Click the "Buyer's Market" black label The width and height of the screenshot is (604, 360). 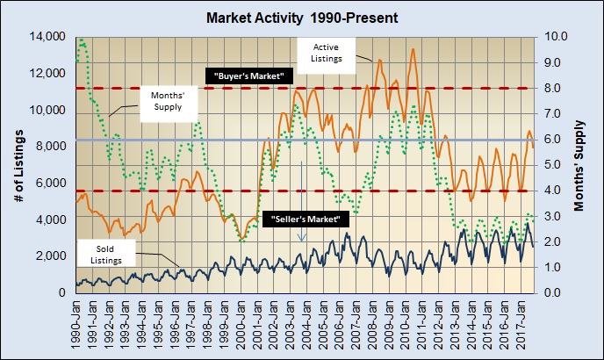pos(250,77)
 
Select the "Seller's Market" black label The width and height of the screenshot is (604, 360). pos(311,218)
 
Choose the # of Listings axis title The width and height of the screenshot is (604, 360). pos(19,164)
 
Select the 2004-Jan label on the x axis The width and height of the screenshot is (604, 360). pos(306,324)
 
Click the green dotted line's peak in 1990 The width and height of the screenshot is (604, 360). pos(82,40)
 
